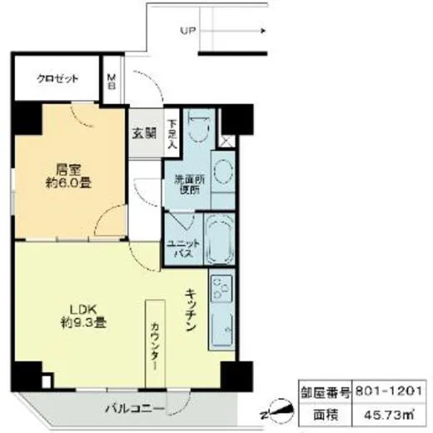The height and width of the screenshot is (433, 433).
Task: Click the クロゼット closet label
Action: point(57,79)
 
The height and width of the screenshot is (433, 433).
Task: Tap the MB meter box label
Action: point(112,82)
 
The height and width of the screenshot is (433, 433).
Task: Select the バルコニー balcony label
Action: point(134,408)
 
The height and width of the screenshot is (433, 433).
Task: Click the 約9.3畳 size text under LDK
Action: point(82,321)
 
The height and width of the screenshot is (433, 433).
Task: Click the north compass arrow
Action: point(275,410)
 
